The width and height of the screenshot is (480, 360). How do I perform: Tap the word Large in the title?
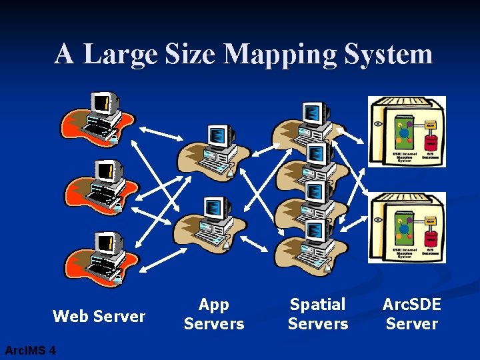[120, 53]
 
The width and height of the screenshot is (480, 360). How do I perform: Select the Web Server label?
[99, 316]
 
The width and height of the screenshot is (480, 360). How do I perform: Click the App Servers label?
[214, 314]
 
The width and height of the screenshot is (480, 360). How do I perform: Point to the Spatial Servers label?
[318, 314]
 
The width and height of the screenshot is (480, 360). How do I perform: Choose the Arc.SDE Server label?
[411, 314]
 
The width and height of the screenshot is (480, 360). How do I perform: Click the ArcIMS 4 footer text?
[30, 350]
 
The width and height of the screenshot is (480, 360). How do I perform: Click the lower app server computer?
[213, 223]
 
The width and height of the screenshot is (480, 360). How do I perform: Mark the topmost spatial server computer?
[313, 120]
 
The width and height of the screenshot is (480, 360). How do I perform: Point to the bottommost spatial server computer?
[313, 243]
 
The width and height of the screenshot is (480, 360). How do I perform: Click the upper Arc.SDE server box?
[407, 131]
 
